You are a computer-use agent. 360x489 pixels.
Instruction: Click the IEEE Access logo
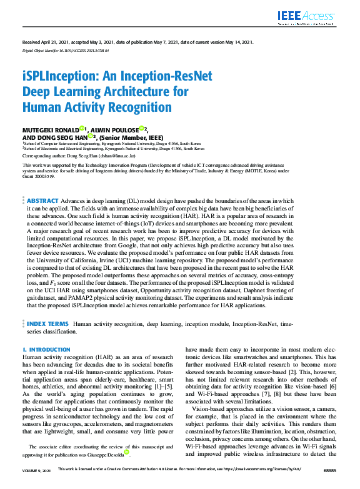319,16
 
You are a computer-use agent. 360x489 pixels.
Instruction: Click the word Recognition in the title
134,106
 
